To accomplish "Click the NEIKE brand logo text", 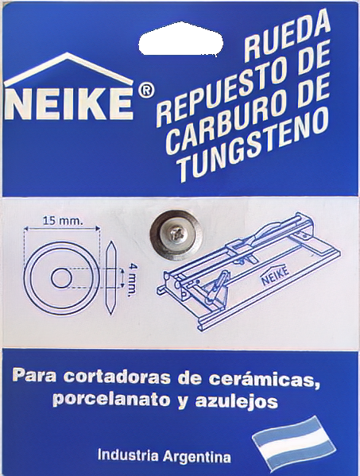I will click(70, 103).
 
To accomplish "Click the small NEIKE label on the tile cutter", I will click(269, 281).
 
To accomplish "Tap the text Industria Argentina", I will click(164, 457).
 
